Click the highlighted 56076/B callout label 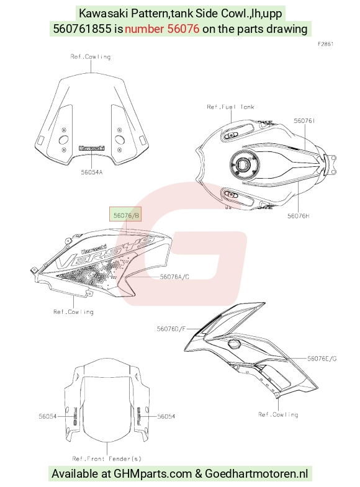125,215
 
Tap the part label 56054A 92,172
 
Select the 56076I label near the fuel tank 304,120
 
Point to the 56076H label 298,216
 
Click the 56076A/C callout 174,277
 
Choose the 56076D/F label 171,329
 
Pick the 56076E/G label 322,359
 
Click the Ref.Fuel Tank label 230,107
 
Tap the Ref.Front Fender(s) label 107,458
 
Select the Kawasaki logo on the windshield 92,148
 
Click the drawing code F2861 325,44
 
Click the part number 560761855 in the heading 83,29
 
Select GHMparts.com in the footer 153,473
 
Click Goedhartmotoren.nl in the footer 256,473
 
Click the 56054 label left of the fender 48,416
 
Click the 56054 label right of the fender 166,416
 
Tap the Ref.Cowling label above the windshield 91,56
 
